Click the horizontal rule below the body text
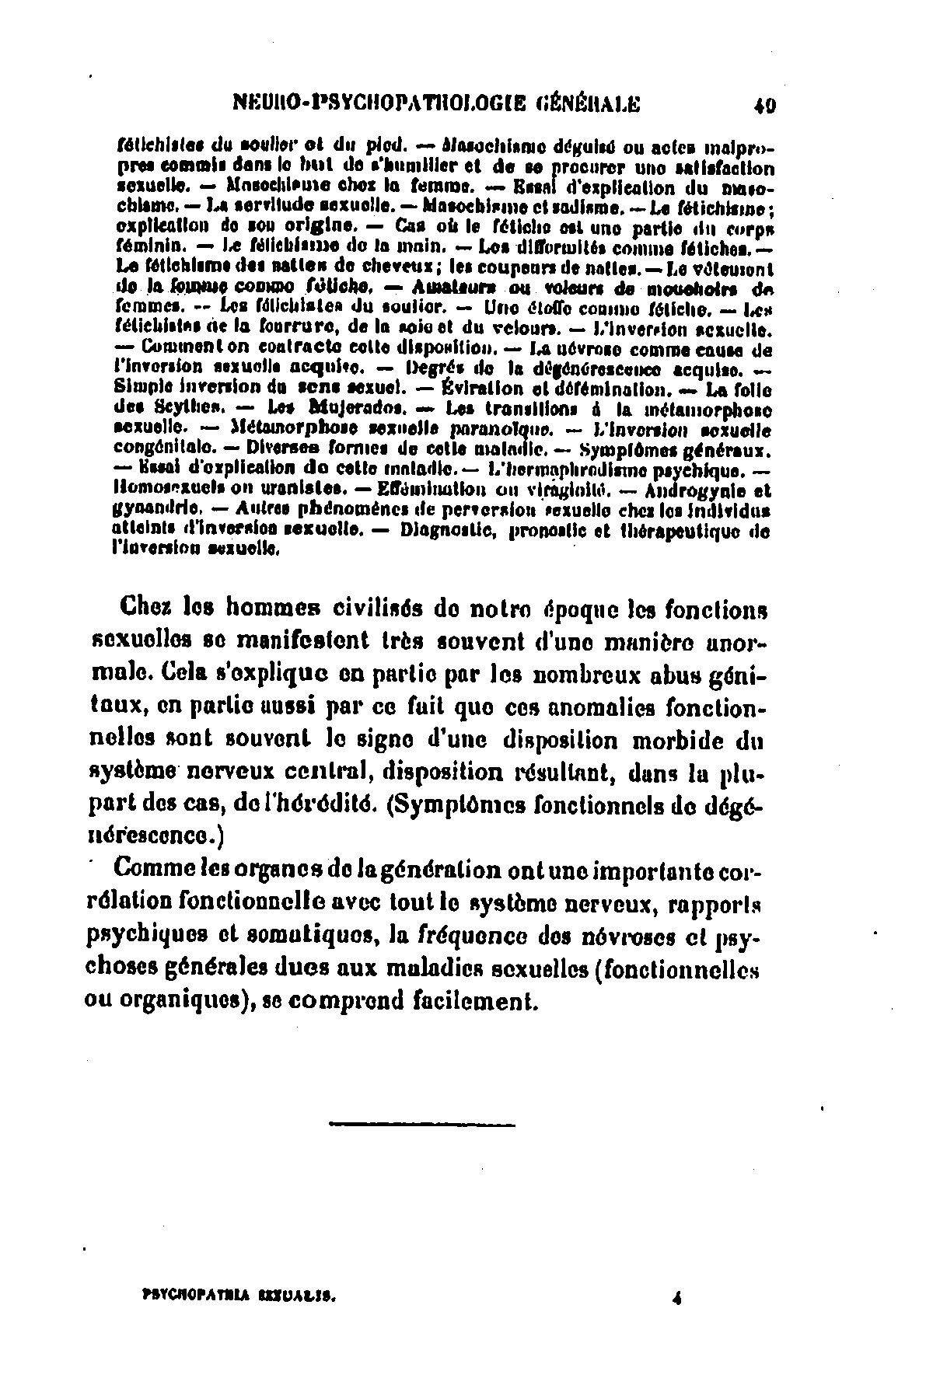pyautogui.click(x=421, y=1123)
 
